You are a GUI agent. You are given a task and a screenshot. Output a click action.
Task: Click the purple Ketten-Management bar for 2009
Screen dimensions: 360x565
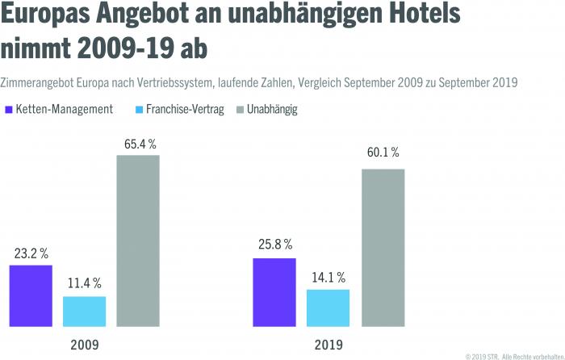click(x=31, y=295)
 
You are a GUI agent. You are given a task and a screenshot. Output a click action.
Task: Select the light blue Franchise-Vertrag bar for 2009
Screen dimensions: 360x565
click(x=84, y=311)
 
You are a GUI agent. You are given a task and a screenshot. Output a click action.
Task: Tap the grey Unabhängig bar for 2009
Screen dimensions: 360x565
click(x=138, y=241)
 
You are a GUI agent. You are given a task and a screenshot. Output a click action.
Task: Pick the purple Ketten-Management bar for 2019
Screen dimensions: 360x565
click(x=274, y=292)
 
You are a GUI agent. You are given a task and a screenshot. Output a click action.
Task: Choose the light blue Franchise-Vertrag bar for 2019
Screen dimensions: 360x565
click(x=329, y=308)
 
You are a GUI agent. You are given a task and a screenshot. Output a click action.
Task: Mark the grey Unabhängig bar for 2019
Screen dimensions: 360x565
click(x=383, y=248)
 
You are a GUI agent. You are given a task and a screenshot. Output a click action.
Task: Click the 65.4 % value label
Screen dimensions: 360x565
click(x=138, y=144)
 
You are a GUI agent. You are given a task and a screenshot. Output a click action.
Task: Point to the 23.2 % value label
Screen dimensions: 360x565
click(x=31, y=253)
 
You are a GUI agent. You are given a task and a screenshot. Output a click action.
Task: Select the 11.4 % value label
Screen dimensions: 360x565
click(x=84, y=283)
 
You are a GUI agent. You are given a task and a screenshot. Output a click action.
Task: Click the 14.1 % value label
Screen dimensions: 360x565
click(x=329, y=277)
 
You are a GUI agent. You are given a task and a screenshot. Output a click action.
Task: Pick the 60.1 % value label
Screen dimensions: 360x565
click(x=383, y=153)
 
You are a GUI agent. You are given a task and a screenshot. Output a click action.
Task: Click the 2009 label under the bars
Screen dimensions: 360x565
click(x=84, y=345)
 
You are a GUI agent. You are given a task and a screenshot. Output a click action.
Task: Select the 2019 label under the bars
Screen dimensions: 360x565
click(x=329, y=345)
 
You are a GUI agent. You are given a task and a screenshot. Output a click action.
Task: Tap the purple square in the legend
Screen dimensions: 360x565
click(x=8, y=109)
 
